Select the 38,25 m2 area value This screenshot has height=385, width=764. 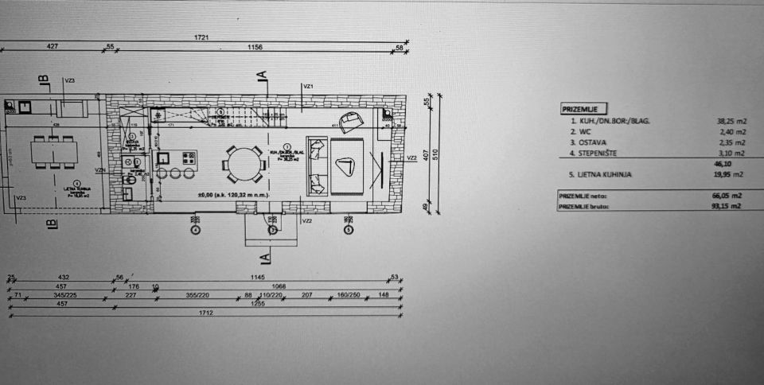coord(731,121)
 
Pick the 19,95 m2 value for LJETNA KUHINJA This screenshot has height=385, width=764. coord(731,173)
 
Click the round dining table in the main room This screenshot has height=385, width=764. coord(244,164)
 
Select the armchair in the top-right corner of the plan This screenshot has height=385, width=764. coord(349,121)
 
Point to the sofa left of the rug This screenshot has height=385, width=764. coord(317,166)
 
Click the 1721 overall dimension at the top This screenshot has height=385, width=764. coord(205,37)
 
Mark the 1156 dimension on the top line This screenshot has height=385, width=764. coord(255,48)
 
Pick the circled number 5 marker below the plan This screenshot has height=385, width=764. coord(348,230)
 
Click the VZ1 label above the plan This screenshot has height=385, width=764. coord(309,86)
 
